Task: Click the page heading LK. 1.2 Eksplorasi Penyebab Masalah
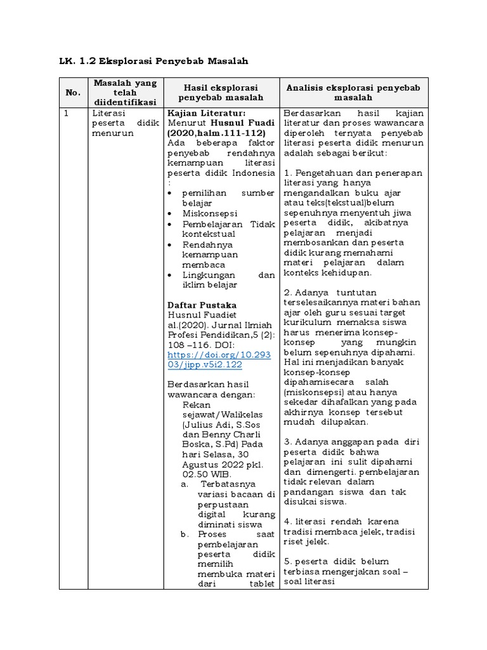tap(150, 61)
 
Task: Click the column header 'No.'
tap(73, 92)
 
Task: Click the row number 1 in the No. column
tap(65, 113)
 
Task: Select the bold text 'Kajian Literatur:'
tap(205, 113)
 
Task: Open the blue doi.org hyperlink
tap(219, 359)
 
